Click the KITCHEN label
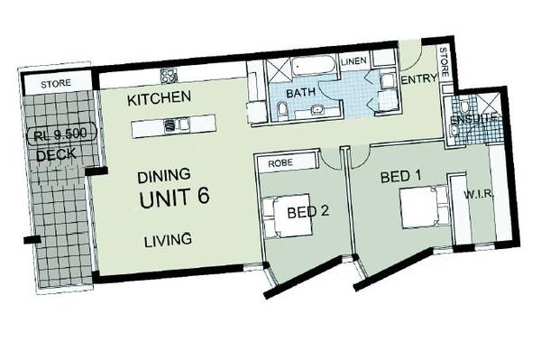159,97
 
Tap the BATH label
300,93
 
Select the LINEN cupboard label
353,60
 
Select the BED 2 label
308,213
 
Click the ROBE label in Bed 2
276,164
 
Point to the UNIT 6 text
175,199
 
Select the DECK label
56,155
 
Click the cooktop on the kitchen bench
167,74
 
